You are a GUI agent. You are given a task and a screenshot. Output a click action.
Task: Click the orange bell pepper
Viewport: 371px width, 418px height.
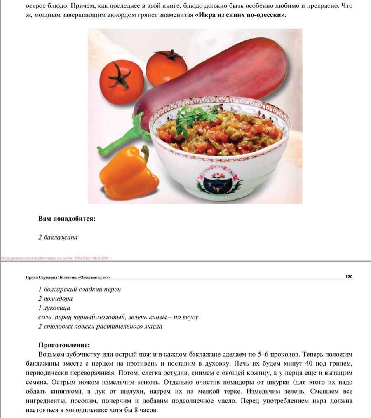(128, 171)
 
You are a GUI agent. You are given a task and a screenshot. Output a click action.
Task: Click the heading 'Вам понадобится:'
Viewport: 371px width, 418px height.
(67, 218)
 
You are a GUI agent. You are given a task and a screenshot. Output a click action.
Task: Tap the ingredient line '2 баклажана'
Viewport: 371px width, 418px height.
(58, 237)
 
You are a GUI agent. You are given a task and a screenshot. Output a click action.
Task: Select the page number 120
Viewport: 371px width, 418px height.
(349, 277)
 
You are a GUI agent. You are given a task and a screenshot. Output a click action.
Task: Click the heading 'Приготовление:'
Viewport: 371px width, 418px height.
(64, 345)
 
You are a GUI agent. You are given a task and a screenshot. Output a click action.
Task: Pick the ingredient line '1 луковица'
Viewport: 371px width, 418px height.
(54, 308)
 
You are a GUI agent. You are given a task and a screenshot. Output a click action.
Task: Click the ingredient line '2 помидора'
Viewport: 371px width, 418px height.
(56, 298)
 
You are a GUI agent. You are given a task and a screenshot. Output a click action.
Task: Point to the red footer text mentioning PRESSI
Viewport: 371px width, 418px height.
(56, 258)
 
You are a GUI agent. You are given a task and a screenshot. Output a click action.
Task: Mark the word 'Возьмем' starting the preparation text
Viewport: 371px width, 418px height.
(52, 354)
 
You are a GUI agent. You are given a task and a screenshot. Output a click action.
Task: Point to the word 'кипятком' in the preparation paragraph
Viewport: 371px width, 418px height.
(65, 392)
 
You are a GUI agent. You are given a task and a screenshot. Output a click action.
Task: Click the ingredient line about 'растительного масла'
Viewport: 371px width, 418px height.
(100, 327)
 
